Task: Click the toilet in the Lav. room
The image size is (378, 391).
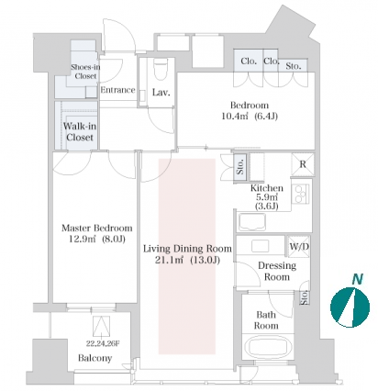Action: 161,70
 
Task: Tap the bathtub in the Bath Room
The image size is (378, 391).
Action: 268,346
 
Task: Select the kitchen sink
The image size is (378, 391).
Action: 252,222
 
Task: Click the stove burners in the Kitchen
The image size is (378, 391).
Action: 300,194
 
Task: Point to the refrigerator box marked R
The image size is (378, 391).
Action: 303,164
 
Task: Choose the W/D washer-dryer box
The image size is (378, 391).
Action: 299,246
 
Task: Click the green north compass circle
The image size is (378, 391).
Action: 350,307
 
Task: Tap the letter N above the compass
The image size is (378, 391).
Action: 357,279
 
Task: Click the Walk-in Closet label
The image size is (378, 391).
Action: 80,131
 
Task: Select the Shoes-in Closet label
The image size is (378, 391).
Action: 85,72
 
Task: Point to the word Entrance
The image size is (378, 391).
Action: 117,90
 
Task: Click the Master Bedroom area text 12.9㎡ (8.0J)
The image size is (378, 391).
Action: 97,239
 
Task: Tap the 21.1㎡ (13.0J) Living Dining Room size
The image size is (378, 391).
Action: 187,261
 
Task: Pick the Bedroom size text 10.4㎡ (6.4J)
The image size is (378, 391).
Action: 250,117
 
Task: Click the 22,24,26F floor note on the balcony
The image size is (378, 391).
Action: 103,343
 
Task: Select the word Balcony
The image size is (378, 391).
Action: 94,358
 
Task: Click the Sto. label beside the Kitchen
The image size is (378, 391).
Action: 240,166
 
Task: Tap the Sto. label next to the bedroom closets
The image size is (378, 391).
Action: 294,66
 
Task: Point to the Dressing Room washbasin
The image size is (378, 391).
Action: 260,246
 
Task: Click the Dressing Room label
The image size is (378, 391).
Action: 277,271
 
